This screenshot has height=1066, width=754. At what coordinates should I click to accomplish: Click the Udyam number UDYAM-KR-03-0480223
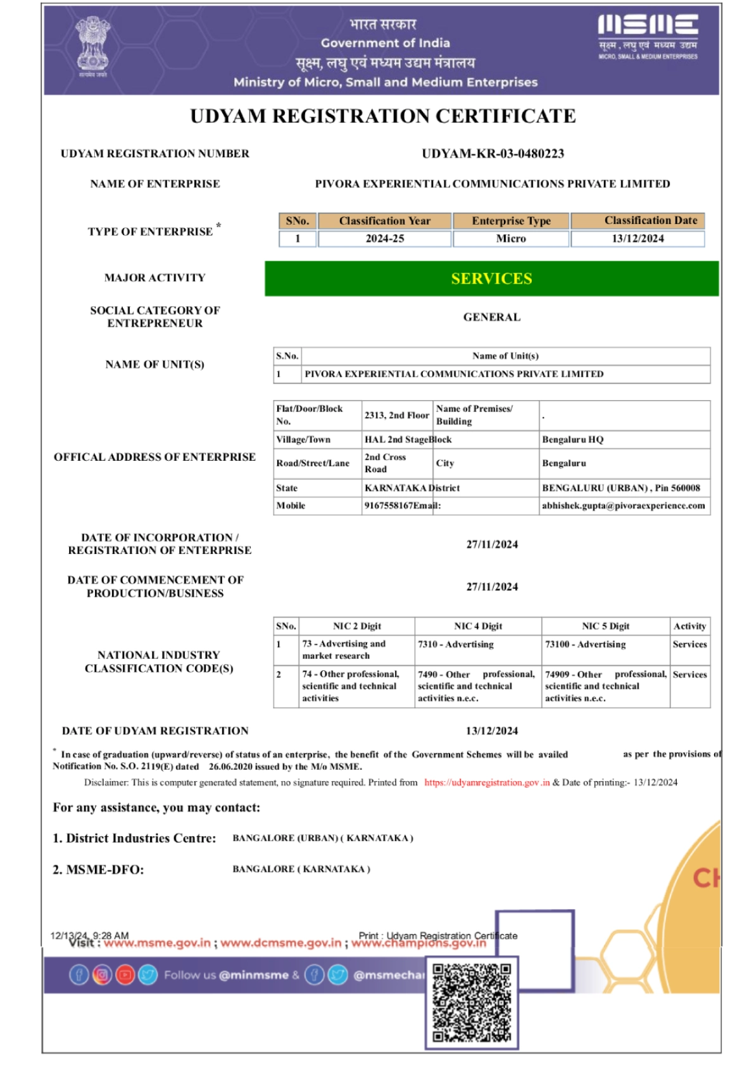tap(493, 154)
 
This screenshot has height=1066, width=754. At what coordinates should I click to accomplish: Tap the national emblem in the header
tap(92, 46)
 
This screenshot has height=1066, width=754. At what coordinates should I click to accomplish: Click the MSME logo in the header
tap(648, 37)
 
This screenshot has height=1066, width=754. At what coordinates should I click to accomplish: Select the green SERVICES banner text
tap(491, 279)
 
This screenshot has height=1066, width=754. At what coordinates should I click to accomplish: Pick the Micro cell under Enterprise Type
tap(511, 239)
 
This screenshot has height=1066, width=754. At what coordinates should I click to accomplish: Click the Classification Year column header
tap(384, 221)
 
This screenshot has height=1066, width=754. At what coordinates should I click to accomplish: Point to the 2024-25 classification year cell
tap(384, 239)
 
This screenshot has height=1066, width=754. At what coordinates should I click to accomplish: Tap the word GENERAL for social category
tap(491, 317)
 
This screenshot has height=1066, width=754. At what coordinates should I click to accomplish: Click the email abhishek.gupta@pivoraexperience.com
tap(623, 506)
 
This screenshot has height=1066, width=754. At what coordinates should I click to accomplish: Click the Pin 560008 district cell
tap(620, 488)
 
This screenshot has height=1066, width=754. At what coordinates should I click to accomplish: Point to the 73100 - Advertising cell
tap(585, 644)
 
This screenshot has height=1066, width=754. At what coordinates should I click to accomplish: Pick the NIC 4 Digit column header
tap(478, 626)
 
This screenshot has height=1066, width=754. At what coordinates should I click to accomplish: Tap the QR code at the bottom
tap(472, 1002)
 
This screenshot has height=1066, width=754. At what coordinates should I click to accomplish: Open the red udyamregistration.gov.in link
tap(486, 782)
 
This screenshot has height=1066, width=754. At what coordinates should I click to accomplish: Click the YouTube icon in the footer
tap(125, 975)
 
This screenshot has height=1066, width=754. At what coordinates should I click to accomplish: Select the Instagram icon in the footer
tap(102, 975)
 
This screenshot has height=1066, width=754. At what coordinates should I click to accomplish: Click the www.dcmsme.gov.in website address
tap(280, 943)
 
